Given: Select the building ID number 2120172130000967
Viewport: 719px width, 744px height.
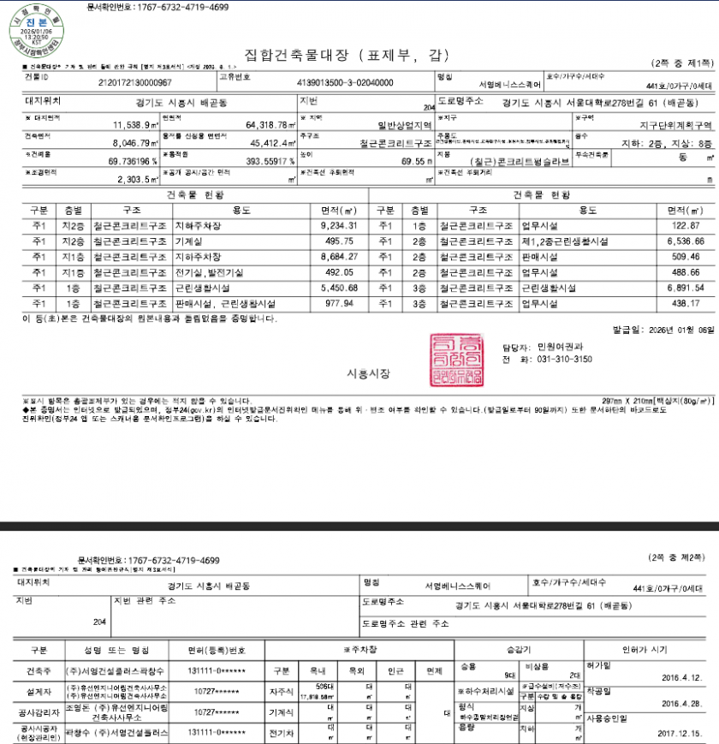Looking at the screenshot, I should [134, 83].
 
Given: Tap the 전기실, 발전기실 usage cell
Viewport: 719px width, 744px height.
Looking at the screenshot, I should [204, 272].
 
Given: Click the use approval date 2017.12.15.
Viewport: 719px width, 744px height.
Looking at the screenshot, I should [680, 734].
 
